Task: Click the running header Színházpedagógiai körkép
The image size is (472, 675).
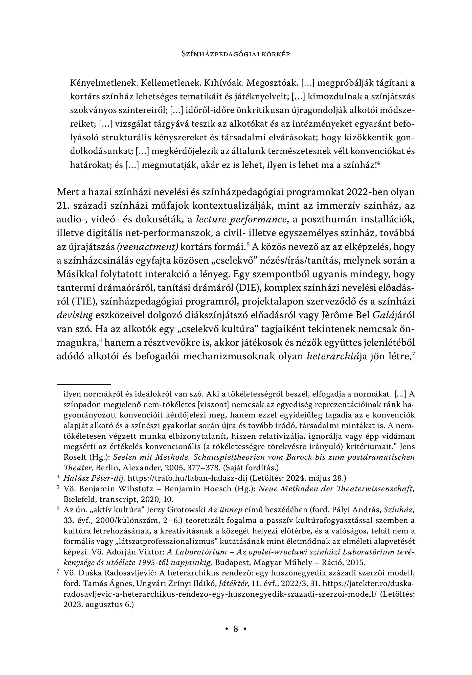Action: pos(236,54)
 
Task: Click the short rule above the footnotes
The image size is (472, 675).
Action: pos(83,384)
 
